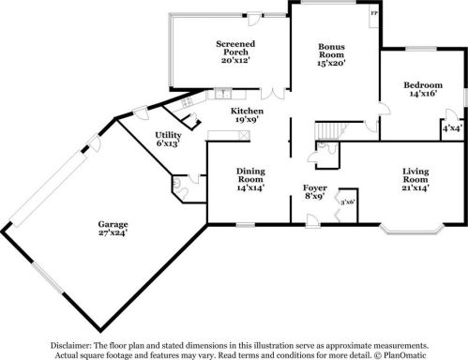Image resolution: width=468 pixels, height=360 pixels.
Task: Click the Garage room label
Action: [113, 224]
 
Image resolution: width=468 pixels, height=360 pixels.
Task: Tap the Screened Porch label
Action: [235, 48]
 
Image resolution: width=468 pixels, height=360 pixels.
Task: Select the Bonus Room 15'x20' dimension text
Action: [331, 63]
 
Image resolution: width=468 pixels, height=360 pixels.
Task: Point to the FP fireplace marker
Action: [374, 13]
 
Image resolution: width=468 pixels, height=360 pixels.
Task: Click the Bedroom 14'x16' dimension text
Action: [423, 93]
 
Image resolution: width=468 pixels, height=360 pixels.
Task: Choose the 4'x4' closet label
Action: [452, 127]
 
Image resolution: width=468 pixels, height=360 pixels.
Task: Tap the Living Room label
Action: [415, 175]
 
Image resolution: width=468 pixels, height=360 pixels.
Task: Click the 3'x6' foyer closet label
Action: [348, 202]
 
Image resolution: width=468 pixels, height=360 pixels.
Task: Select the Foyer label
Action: [315, 187]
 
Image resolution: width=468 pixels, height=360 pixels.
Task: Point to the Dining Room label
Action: [250, 175]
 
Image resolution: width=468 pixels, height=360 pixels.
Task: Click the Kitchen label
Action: [247, 111]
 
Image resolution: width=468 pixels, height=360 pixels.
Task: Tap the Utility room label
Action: [168, 135]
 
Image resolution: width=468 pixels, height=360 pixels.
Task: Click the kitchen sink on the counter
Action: [223, 94]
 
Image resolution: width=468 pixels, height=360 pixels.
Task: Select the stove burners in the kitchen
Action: [187, 101]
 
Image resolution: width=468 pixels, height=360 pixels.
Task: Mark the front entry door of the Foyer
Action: [312, 220]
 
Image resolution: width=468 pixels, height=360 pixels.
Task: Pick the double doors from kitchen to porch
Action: [273, 94]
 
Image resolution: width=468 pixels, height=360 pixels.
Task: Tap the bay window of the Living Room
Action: [412, 229]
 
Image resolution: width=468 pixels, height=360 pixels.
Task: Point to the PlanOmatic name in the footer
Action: [405, 355]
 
